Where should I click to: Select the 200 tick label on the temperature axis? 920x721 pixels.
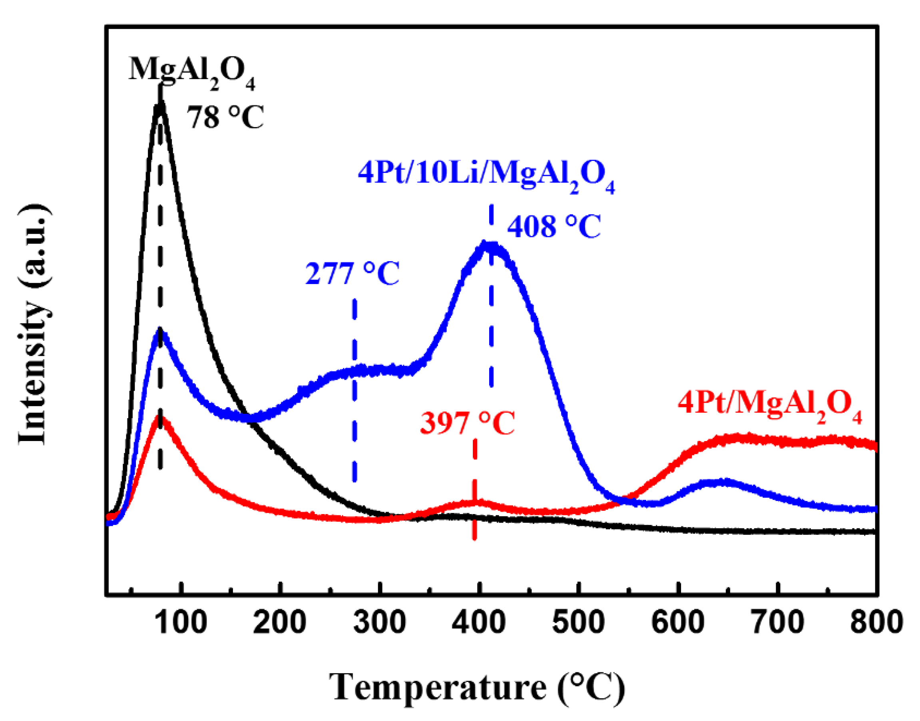click(x=280, y=622)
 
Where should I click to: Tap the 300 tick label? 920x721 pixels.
click(x=380, y=622)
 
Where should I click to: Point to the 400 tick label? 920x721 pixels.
click(x=479, y=622)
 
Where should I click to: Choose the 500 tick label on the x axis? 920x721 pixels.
click(x=578, y=622)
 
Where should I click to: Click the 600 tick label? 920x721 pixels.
click(x=678, y=622)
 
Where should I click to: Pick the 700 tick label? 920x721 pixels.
click(x=777, y=622)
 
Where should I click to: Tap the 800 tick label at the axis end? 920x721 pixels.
click(x=876, y=622)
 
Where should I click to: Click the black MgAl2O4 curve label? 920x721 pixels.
click(x=192, y=72)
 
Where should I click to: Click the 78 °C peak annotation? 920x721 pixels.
click(x=225, y=117)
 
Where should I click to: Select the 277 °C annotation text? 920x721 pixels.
click(x=352, y=274)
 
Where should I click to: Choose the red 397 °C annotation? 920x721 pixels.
click(x=467, y=423)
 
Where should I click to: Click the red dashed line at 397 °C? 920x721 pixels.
click(x=475, y=490)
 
